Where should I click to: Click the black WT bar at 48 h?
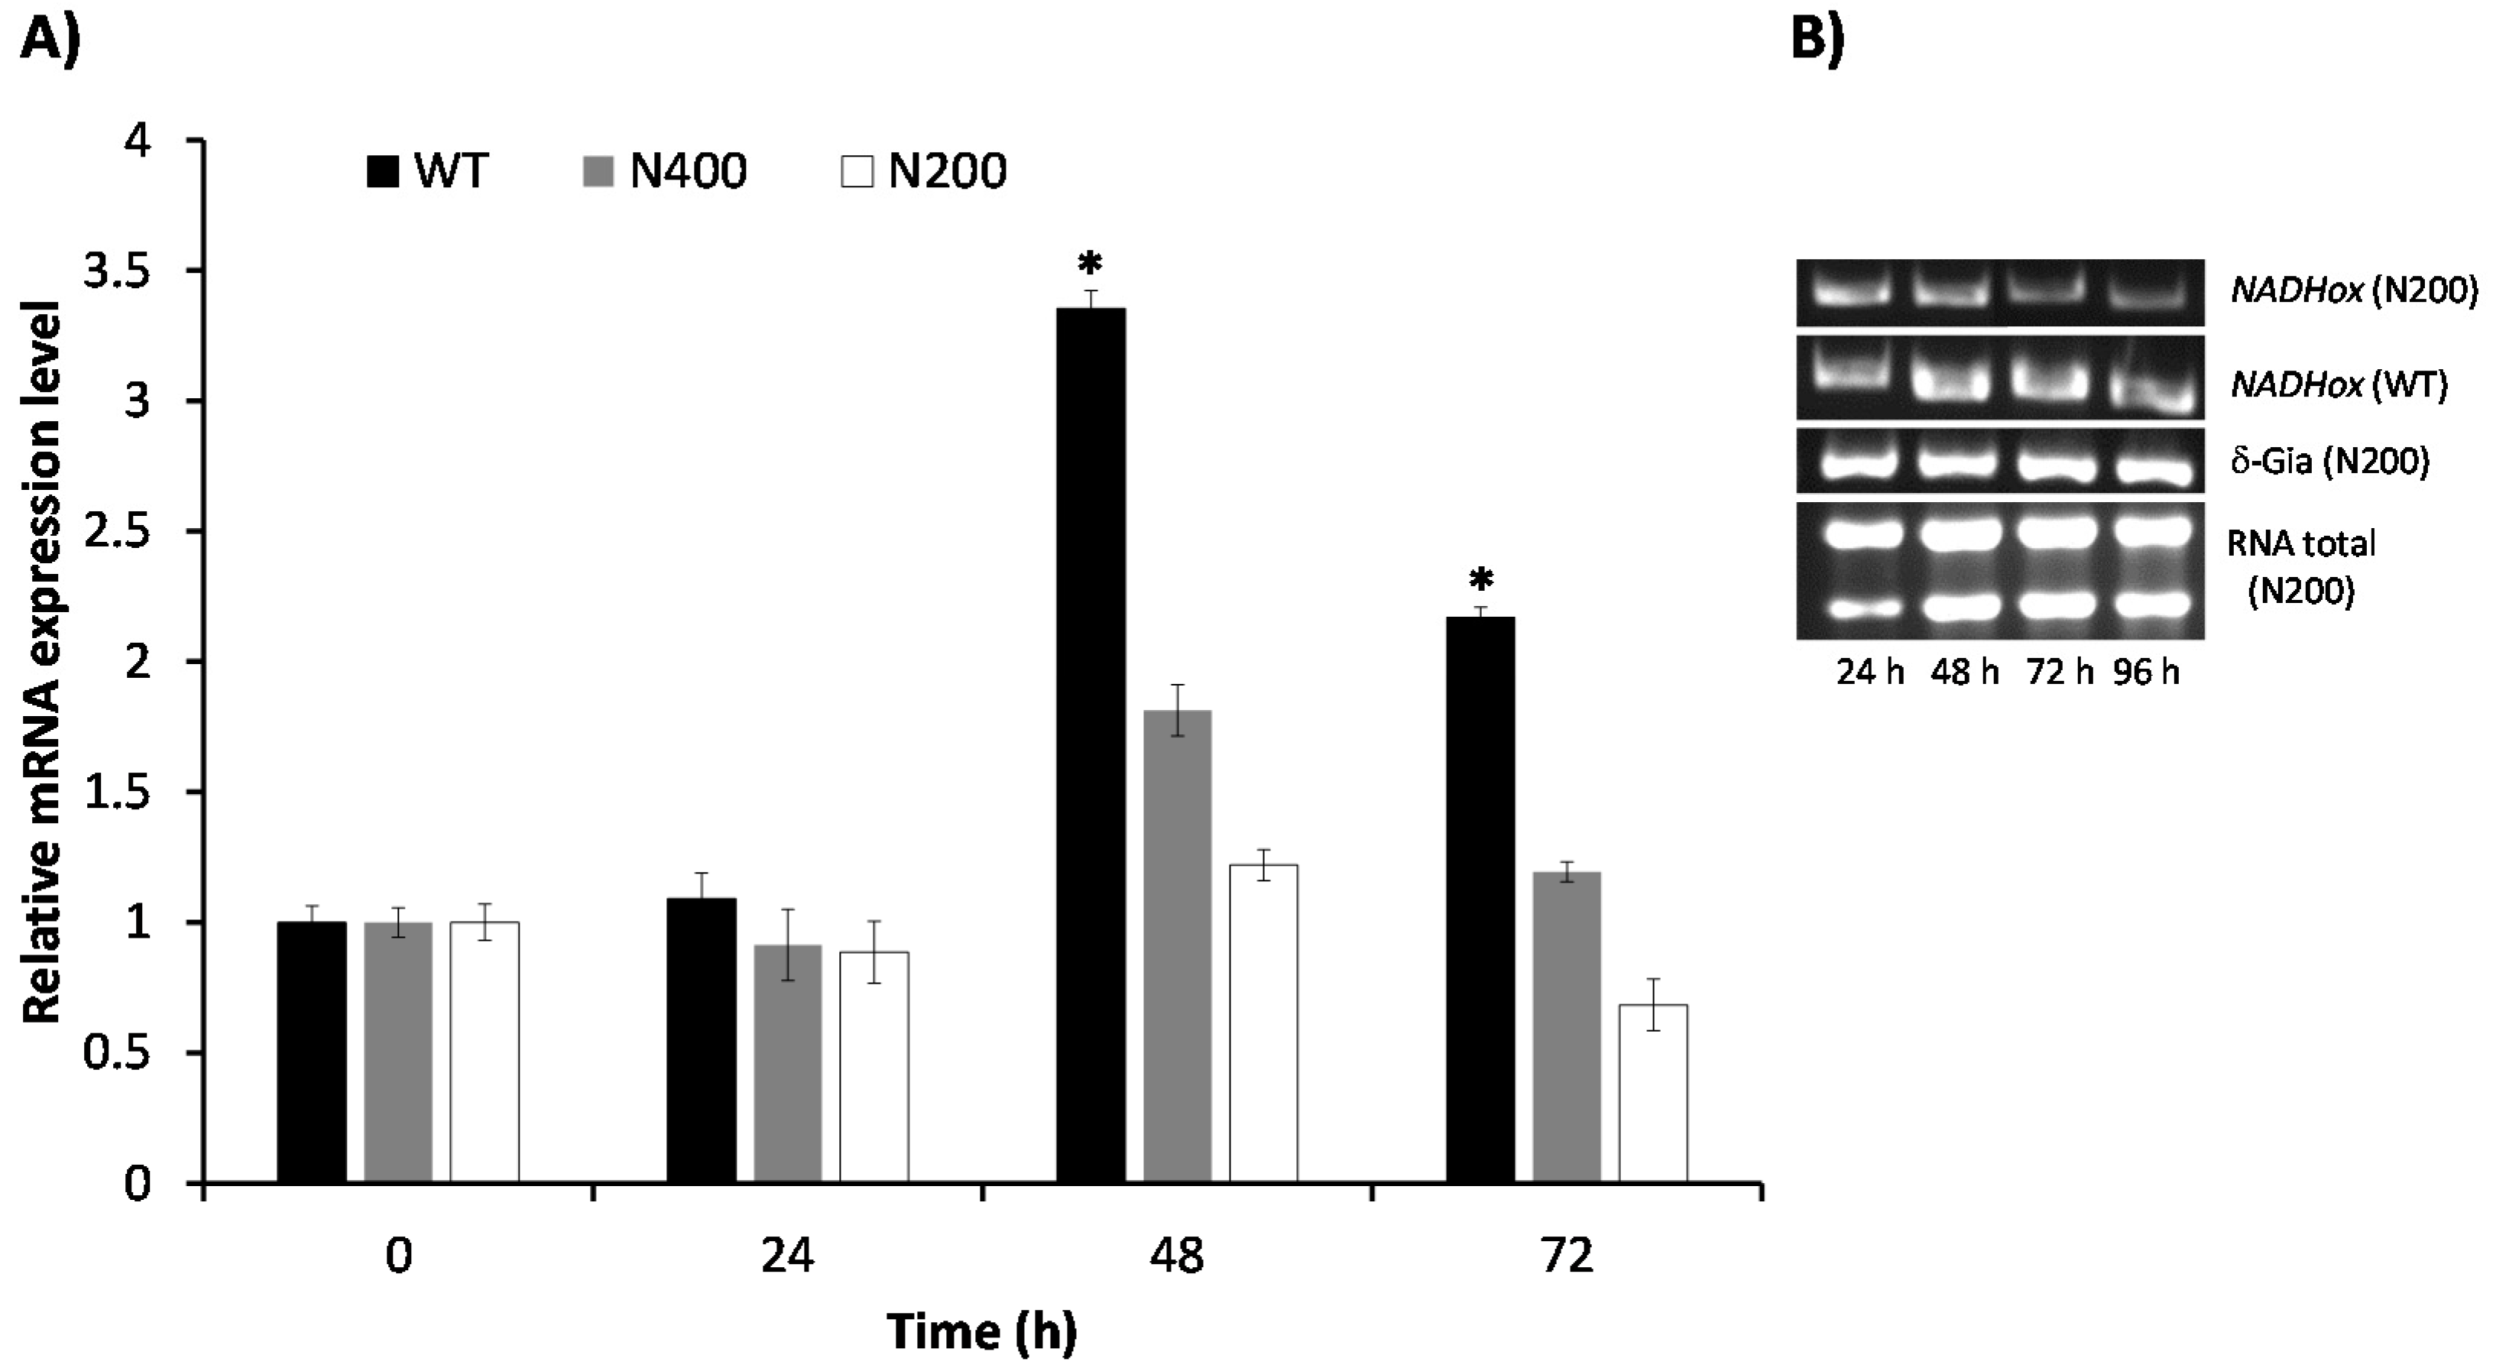1091,746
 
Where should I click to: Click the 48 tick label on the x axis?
1176,1257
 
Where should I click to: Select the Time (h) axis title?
981,1332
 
